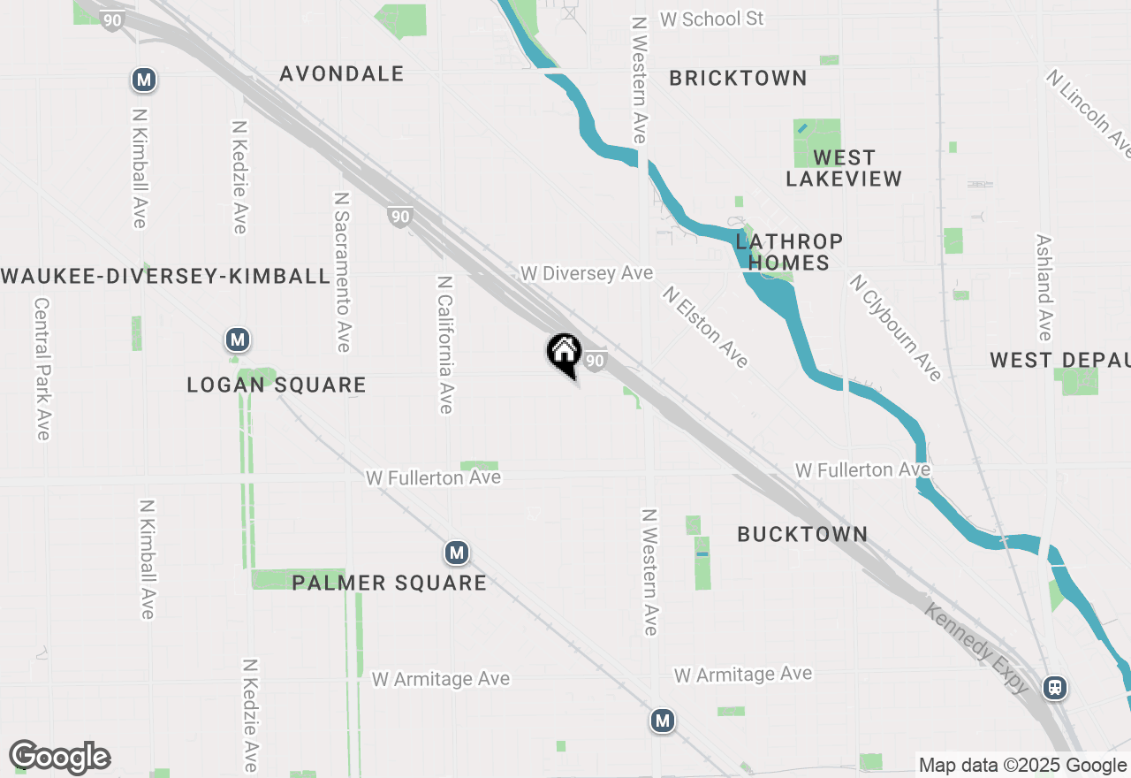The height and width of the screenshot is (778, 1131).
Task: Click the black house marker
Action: (x=564, y=354)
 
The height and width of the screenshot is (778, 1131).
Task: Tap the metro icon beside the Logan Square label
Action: (x=236, y=339)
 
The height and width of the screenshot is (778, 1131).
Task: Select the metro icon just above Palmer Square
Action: (x=456, y=553)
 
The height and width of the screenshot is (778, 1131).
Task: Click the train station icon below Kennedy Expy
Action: (x=1054, y=687)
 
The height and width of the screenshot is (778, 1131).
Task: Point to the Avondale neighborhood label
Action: (x=342, y=74)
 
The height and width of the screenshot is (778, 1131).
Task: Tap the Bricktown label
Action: (x=738, y=79)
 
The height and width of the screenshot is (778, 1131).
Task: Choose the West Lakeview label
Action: (x=844, y=168)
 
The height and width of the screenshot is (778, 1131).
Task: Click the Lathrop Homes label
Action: (x=789, y=252)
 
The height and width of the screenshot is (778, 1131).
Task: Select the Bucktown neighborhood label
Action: (x=802, y=534)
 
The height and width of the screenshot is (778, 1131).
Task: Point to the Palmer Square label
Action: (x=389, y=583)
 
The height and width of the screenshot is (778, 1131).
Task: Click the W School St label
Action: (x=711, y=19)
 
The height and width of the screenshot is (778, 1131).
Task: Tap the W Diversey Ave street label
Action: (x=587, y=273)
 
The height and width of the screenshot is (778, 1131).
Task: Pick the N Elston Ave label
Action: (x=706, y=326)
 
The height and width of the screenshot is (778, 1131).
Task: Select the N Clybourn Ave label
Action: (x=895, y=327)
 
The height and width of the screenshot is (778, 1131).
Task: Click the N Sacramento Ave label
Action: (x=342, y=271)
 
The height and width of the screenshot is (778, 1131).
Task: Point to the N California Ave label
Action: (x=445, y=344)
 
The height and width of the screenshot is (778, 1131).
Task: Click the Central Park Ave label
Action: (x=42, y=368)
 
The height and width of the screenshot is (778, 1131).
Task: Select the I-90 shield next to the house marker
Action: (x=596, y=360)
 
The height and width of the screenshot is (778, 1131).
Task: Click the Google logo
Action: (x=59, y=758)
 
